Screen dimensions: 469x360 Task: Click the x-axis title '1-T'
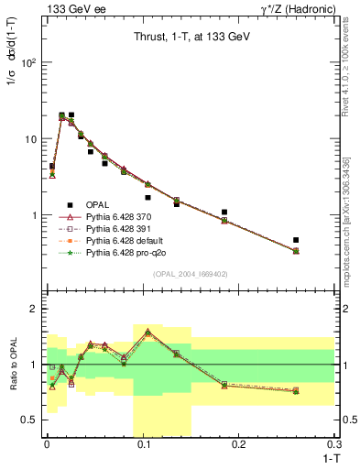(326, 457)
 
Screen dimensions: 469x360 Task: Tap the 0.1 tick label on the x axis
(142, 444)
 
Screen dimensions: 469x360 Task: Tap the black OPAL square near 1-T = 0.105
(147, 197)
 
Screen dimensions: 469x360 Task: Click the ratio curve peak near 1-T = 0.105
(147, 331)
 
